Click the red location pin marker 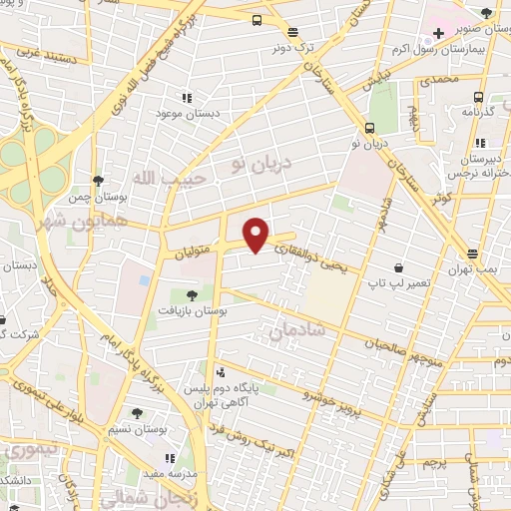click(x=257, y=236)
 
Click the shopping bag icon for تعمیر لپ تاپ click(x=399, y=267)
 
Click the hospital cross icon click(x=437, y=33)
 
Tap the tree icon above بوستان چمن click(x=98, y=181)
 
